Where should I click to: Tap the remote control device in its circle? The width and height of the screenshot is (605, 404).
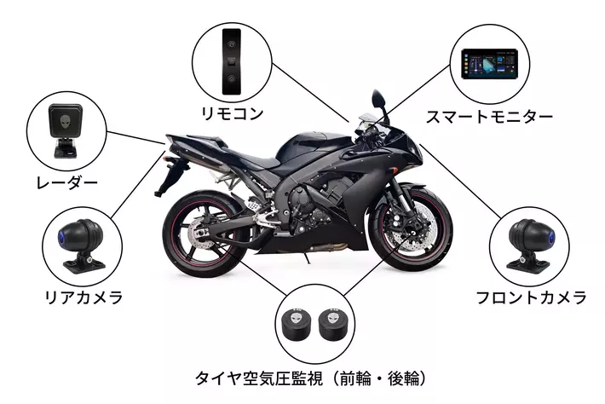coord(229,58)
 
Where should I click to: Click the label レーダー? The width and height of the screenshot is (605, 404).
coord(66,182)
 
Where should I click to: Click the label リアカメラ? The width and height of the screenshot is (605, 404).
coord(84,297)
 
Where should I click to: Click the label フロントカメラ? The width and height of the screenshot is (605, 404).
coord(531,297)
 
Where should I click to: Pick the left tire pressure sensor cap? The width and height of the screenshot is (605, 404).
coord(295,325)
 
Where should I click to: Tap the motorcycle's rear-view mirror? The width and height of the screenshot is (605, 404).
coord(379,101)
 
